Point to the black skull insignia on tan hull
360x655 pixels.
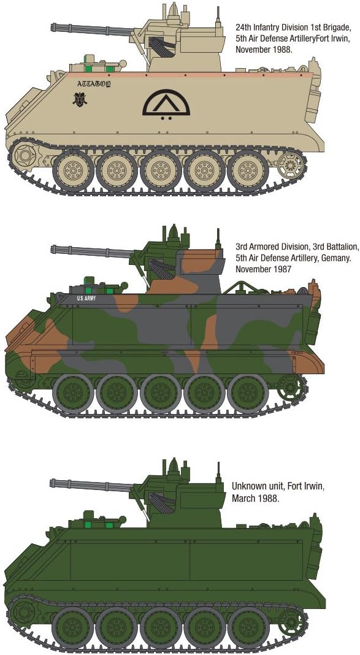[x=80, y=99]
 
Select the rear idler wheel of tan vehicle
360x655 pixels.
[x=290, y=164]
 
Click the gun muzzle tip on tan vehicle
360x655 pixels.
[x=53, y=26]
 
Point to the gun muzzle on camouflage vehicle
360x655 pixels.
[x=53, y=249]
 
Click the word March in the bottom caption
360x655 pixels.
[x=243, y=498]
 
